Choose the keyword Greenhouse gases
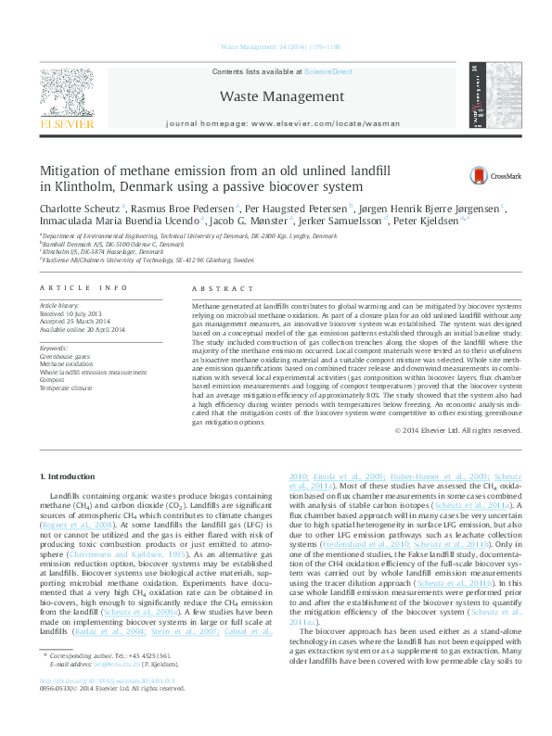pyautogui.click(x=65, y=356)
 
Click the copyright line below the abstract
pyautogui.click(x=457, y=430)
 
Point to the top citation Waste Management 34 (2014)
pyautogui.click(x=276, y=45)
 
